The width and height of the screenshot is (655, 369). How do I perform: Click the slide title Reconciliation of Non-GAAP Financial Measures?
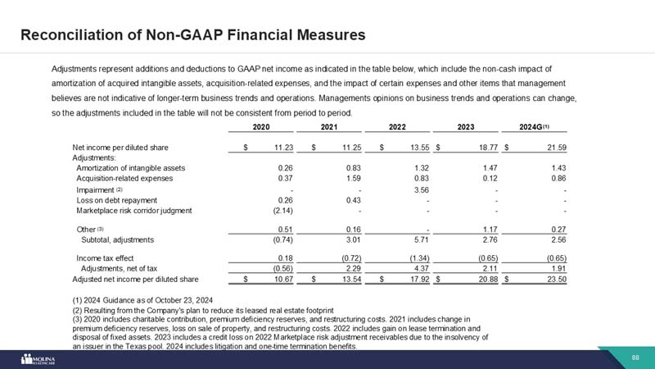point(192,35)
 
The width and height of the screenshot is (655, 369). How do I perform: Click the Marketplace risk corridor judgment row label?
point(133,210)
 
